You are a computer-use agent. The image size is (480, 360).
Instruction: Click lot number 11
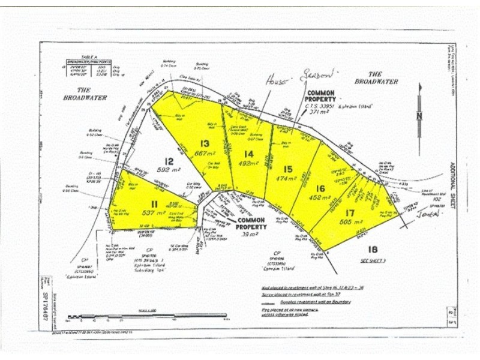pos(154,205)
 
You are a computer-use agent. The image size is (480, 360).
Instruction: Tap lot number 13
pos(205,143)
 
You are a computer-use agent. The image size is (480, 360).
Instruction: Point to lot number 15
pos(288,169)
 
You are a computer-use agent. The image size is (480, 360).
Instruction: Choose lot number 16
pos(320,188)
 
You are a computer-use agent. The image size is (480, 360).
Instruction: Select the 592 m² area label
pos(170,170)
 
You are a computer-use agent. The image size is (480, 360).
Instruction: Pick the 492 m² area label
pos(248,162)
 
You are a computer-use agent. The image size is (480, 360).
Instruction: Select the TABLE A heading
pos(83,55)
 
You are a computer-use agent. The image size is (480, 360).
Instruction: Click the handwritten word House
pos(277,79)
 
